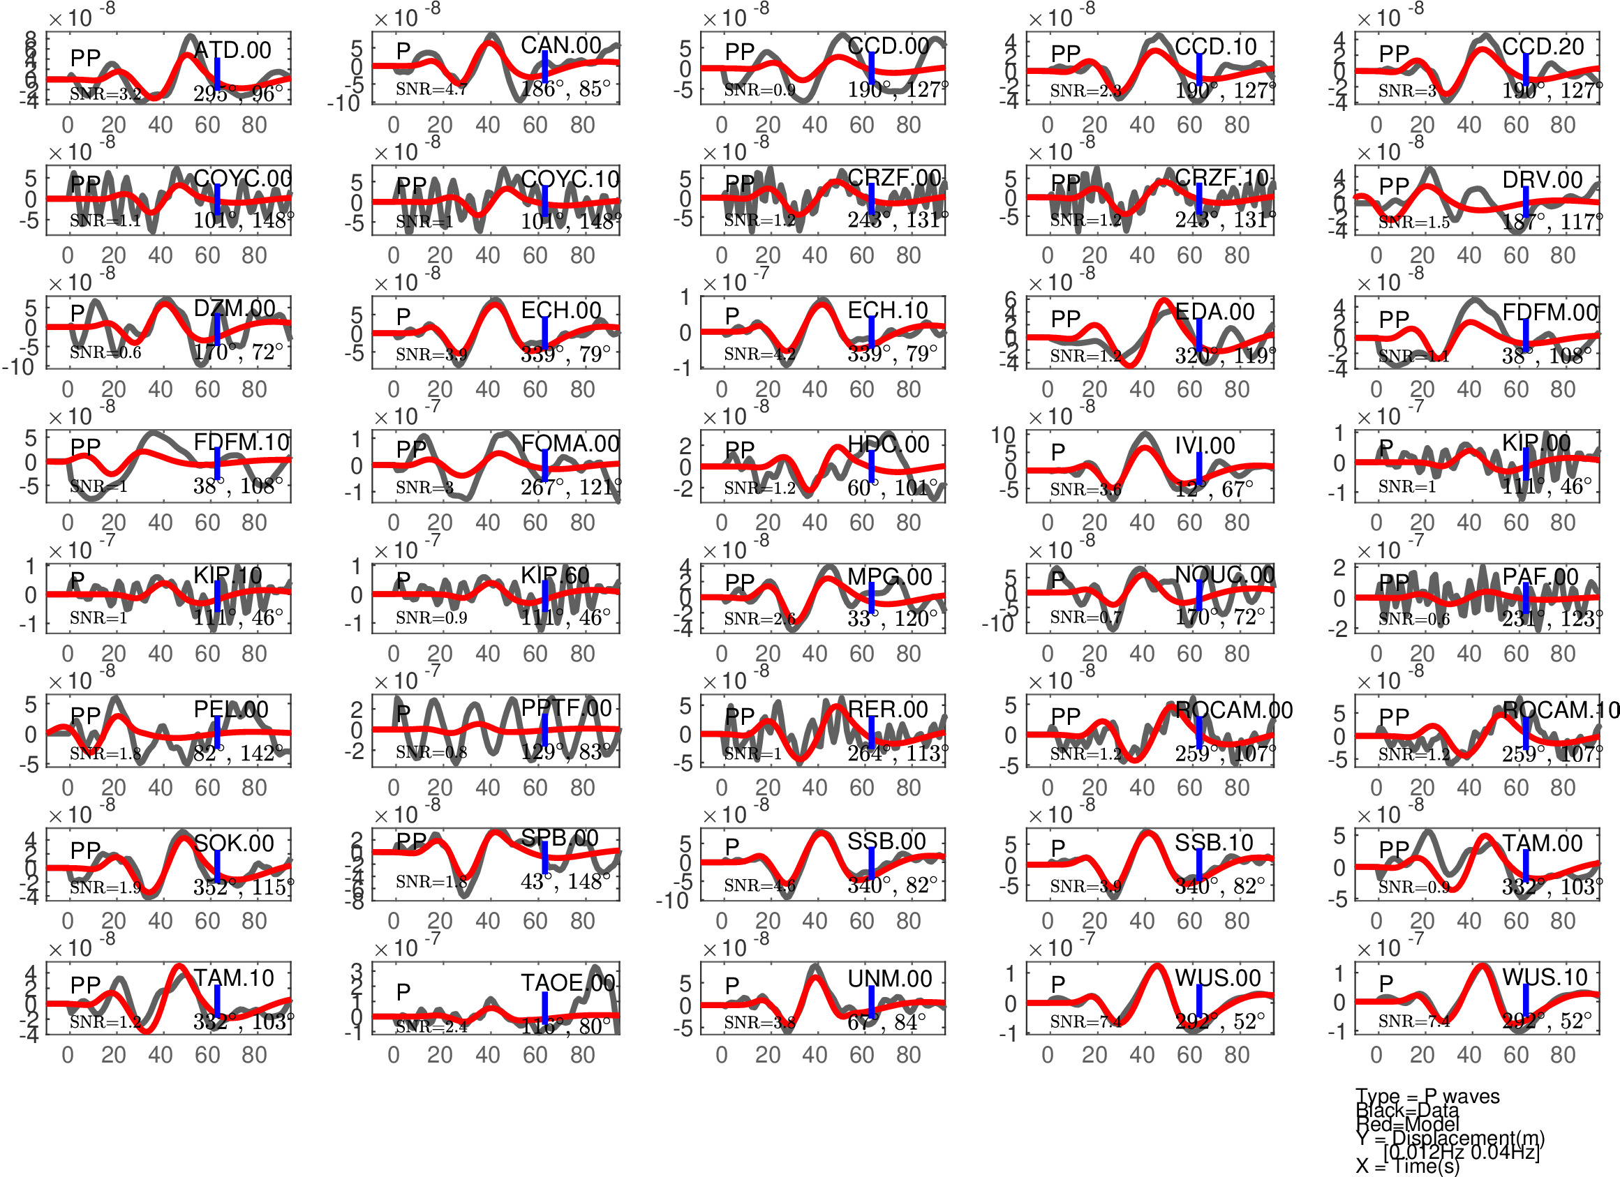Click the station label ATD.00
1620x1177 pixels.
(x=232, y=50)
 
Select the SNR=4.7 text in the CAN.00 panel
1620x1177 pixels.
(x=431, y=89)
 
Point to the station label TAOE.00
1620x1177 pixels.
(x=567, y=983)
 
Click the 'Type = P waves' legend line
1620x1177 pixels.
(x=1427, y=1096)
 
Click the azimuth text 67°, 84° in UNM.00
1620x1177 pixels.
(x=886, y=1022)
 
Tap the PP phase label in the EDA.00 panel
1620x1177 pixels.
(x=1066, y=319)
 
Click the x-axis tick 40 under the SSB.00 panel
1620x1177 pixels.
(x=815, y=922)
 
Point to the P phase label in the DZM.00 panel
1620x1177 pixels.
(x=77, y=313)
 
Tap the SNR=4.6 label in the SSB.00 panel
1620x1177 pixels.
(x=759, y=885)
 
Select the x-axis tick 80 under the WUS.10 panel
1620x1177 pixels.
(x=1563, y=1055)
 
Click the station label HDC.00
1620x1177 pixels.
(x=888, y=444)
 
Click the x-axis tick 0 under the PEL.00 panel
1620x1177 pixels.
(x=67, y=788)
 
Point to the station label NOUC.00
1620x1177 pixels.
(x=1224, y=575)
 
